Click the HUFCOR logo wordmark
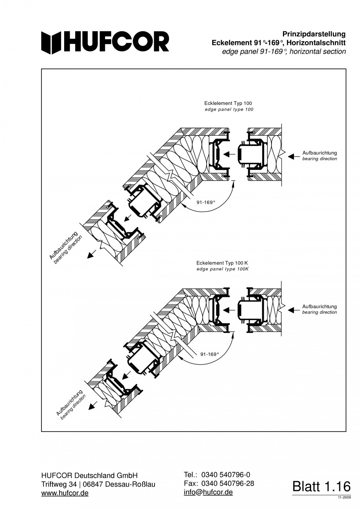(x=106, y=42)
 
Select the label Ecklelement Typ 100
(x=228, y=103)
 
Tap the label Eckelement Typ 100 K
(x=222, y=263)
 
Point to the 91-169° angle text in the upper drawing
(x=206, y=202)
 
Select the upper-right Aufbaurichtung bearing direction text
(x=319, y=156)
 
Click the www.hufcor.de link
(x=65, y=493)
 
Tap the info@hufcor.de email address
(x=208, y=492)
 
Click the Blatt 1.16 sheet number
(x=322, y=487)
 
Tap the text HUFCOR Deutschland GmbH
(x=89, y=476)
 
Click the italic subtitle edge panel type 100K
(x=222, y=269)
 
